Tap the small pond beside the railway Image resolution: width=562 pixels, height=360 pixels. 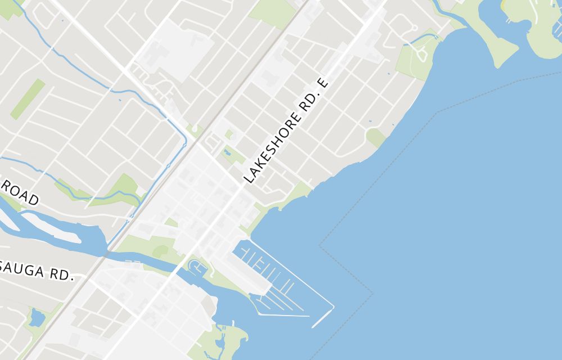pos(37,318)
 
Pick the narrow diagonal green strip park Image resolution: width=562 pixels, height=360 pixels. pos(28,98)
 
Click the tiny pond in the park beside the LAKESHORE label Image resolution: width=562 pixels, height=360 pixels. pos(227,152)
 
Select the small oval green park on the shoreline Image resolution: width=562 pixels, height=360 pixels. pos(375,137)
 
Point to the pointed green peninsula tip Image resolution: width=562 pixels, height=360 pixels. pos(497,56)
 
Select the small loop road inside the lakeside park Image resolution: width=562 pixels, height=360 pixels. pos(419,54)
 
